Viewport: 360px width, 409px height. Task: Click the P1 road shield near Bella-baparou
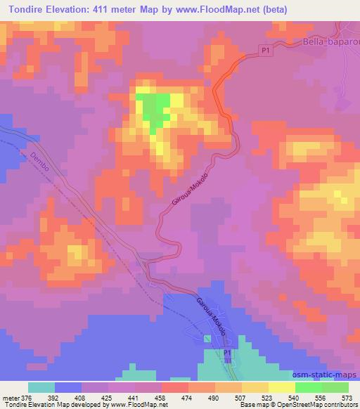(x=264, y=50)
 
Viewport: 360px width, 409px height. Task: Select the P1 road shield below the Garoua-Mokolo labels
(x=227, y=353)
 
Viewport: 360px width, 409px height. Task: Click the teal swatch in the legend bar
(x=41, y=387)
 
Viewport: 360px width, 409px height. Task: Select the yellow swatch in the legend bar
(x=281, y=387)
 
